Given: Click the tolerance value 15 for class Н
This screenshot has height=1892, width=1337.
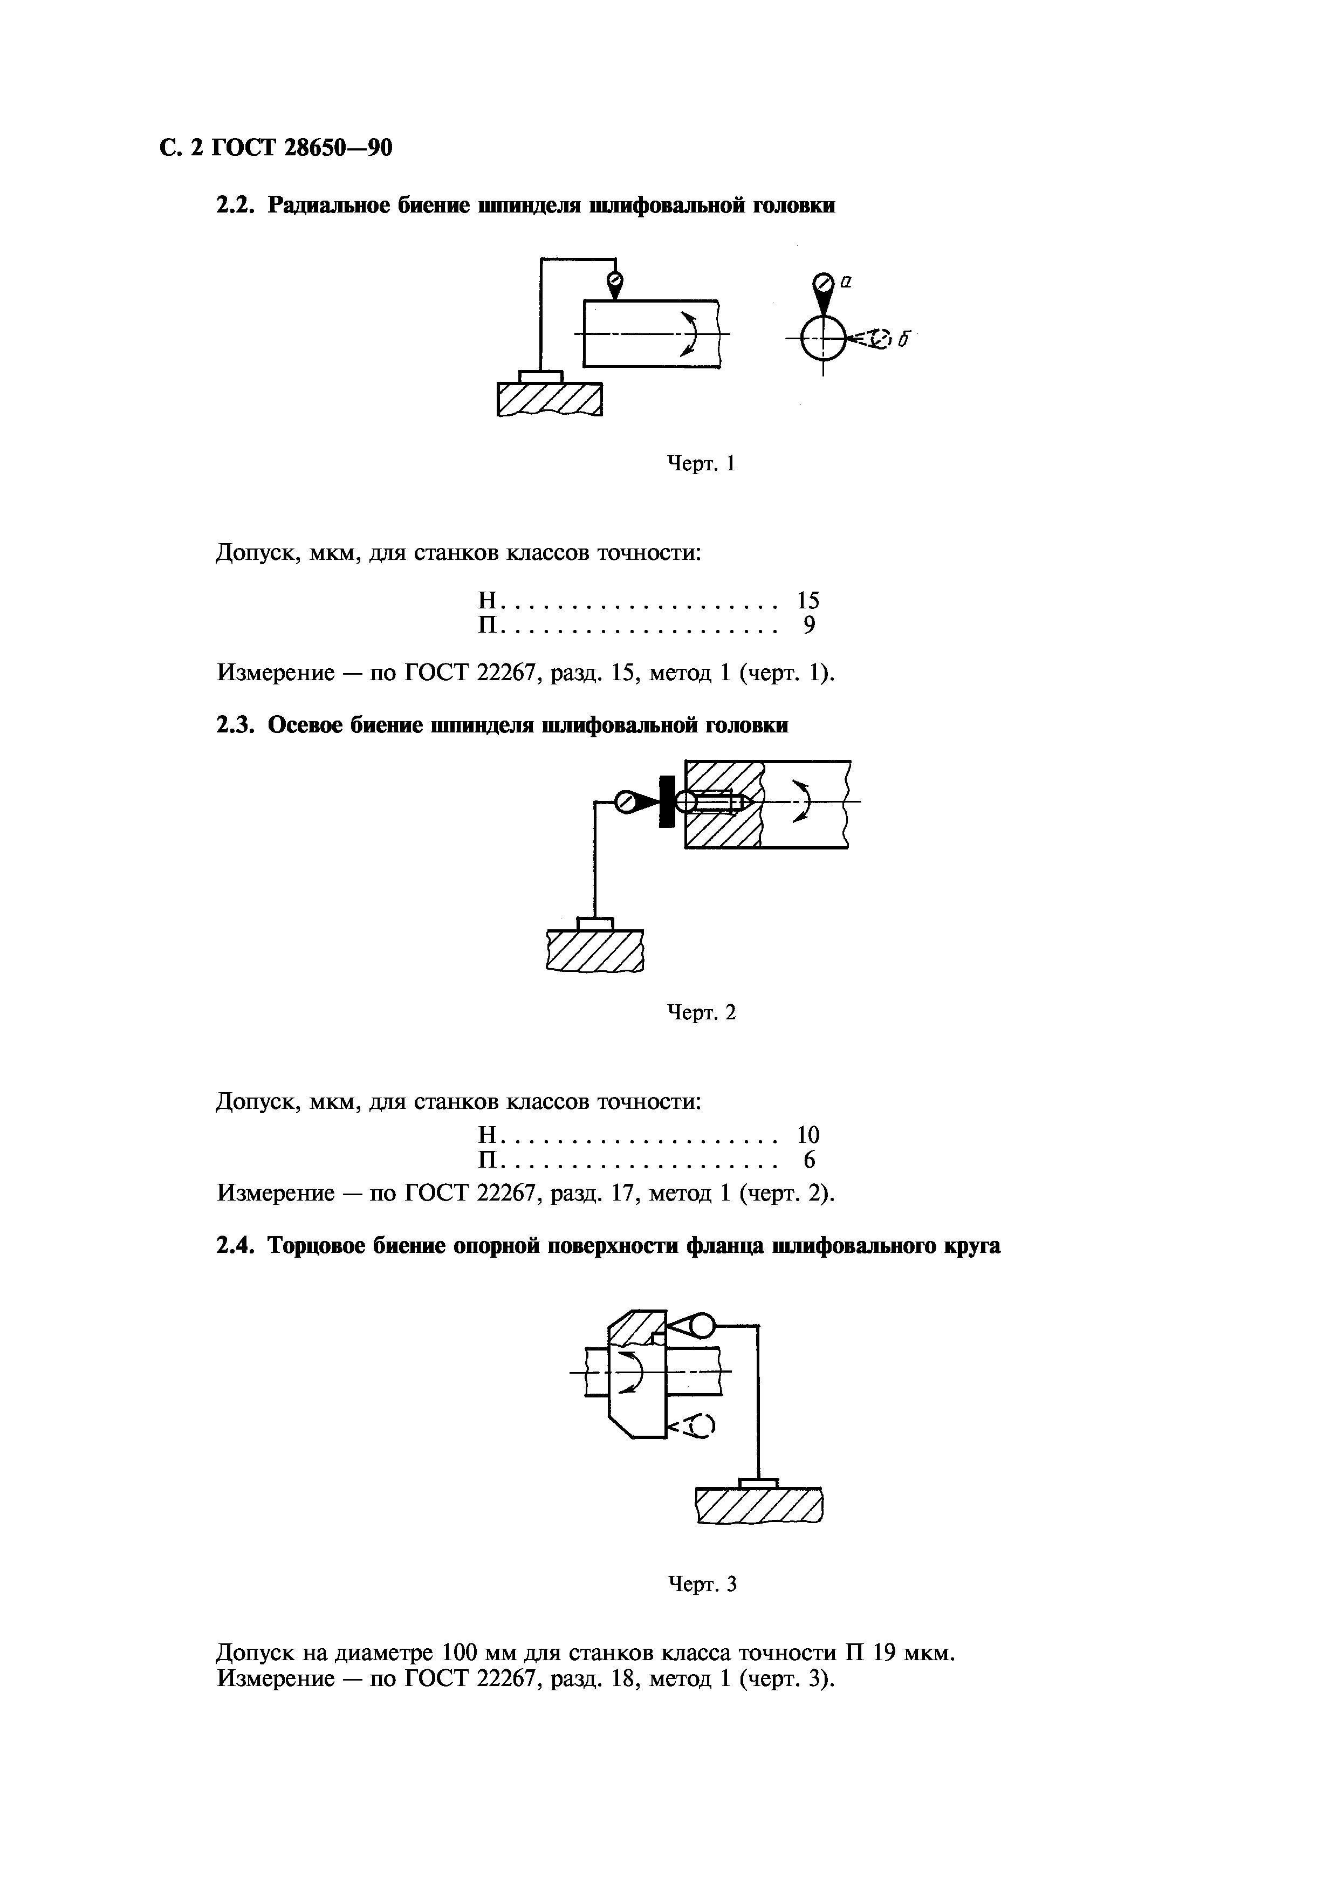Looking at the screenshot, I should (808, 601).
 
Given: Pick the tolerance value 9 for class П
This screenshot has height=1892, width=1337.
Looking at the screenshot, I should (809, 626).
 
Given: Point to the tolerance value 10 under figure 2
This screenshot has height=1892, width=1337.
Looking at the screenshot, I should (808, 1135).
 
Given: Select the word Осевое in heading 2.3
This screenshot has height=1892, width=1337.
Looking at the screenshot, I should (306, 725).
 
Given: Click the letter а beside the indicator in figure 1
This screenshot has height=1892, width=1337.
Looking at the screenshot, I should (846, 282).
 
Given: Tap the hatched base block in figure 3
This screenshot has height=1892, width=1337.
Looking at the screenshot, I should (759, 1507).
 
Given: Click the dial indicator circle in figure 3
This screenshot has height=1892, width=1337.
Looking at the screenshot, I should (701, 1326).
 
